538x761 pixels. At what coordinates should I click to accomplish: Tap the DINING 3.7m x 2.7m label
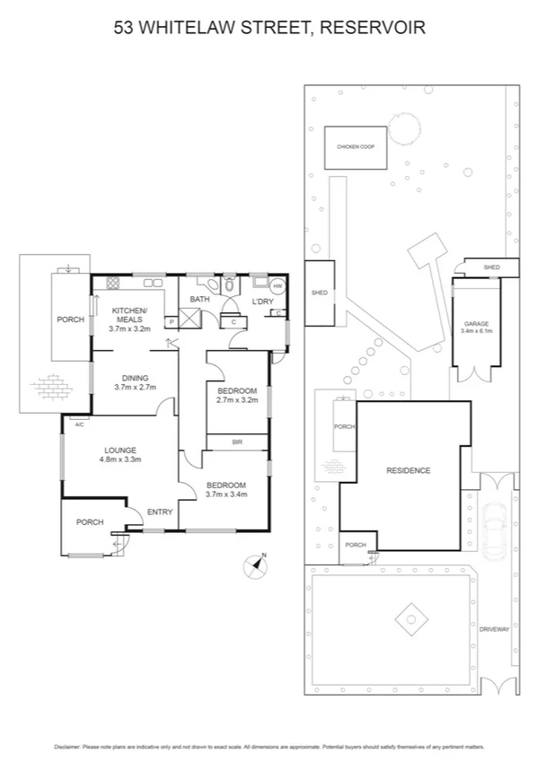click(136, 382)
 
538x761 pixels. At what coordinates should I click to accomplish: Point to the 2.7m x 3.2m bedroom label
click(237, 395)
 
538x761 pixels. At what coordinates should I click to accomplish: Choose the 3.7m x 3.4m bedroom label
click(225, 488)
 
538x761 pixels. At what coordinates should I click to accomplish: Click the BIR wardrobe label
click(237, 442)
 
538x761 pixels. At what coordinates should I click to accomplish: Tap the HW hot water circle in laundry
click(278, 286)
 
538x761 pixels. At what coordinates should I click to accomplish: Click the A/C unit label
click(79, 424)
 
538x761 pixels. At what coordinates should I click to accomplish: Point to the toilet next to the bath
click(230, 285)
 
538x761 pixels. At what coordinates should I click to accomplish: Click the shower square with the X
click(190, 319)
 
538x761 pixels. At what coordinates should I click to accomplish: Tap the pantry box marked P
click(171, 321)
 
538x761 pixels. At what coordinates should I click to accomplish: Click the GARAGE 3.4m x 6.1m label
click(475, 327)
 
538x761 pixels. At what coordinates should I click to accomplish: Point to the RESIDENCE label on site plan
click(409, 470)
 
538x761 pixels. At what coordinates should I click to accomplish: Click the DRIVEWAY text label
click(494, 629)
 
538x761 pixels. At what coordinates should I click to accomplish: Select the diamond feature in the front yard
click(410, 618)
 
